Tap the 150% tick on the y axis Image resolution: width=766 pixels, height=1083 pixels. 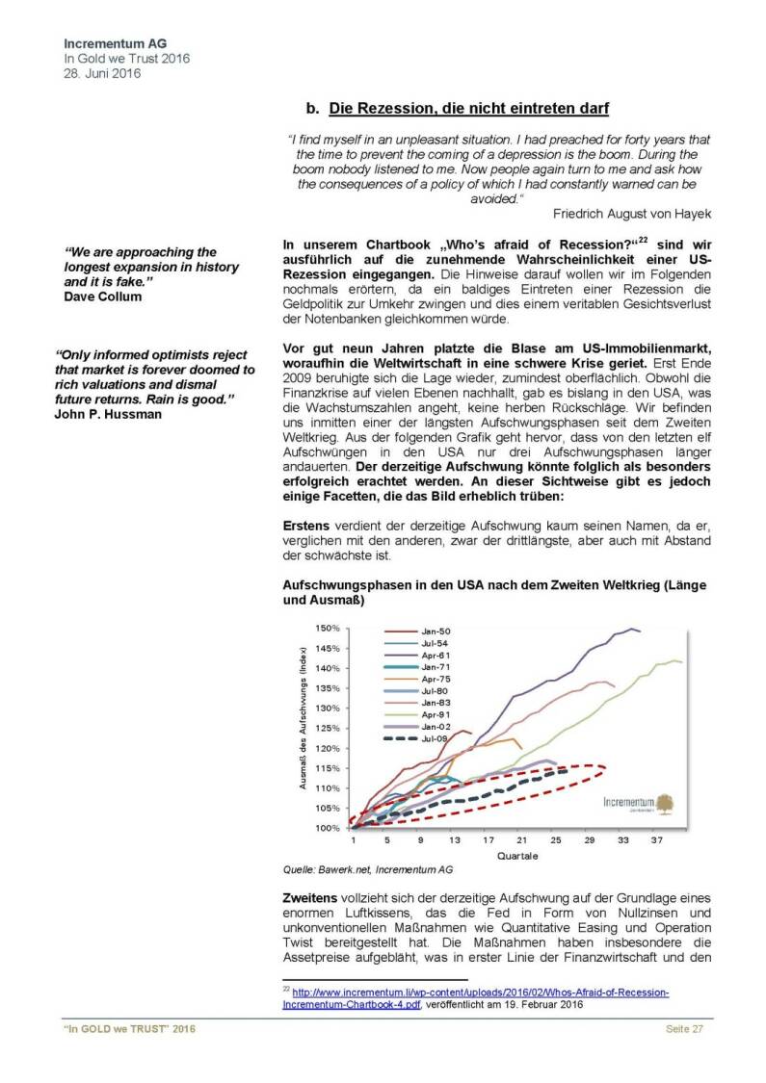point(329,628)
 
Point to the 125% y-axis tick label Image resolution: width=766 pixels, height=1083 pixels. point(329,728)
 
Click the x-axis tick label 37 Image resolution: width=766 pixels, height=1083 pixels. point(657,840)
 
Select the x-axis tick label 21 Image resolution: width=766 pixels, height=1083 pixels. point(521,840)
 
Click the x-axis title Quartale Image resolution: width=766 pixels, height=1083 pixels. point(517,856)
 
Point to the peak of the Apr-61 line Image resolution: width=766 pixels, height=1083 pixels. point(633,629)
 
